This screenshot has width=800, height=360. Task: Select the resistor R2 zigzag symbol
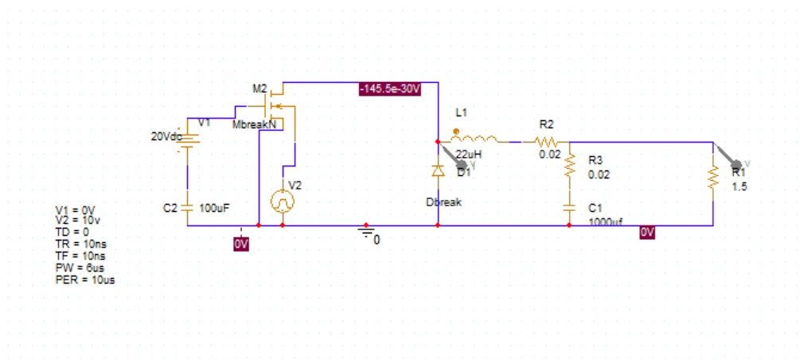tap(548, 141)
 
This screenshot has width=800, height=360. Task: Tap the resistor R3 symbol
tap(569, 166)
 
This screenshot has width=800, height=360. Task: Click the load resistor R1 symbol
tap(713, 179)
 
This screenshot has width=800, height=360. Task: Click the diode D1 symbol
tap(438, 170)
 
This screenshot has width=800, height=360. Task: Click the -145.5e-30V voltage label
tap(389, 89)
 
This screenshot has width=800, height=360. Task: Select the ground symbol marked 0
tap(366, 233)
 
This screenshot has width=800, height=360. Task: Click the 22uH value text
tap(469, 154)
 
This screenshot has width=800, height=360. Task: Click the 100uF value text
tap(214, 208)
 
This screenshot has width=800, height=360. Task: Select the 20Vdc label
tap(166, 136)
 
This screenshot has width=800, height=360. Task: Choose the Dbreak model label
tap(443, 202)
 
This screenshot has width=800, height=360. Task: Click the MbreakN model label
tap(253, 125)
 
